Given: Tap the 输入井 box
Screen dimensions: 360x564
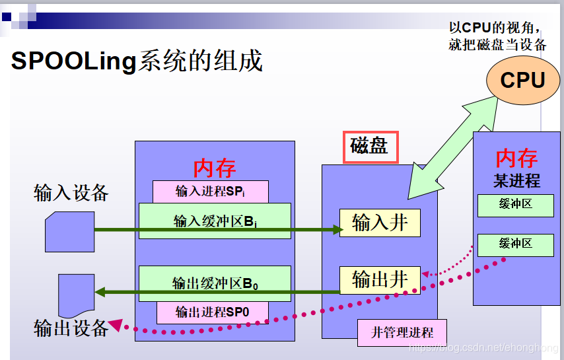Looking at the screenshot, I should (x=380, y=223).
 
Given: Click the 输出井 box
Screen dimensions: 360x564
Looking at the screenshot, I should (x=380, y=279).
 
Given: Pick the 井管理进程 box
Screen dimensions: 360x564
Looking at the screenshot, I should (x=402, y=332).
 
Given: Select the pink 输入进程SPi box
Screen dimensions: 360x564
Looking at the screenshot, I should (x=210, y=192).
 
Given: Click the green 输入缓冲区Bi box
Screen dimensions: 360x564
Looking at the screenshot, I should (x=215, y=221).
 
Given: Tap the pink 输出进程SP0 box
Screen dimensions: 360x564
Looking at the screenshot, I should (x=212, y=312).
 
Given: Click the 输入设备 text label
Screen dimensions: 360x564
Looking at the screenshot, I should (x=71, y=192).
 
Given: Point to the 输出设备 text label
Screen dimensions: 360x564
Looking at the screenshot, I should (x=71, y=327).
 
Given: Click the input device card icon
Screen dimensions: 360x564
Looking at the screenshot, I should (x=69, y=232).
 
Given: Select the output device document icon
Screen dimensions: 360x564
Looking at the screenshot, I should (x=77, y=295).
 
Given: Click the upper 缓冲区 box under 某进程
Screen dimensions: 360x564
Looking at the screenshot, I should (x=515, y=205).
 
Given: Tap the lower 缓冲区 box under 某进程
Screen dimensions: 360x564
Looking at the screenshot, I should (x=515, y=245).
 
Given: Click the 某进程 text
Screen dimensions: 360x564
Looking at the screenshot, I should (x=516, y=180).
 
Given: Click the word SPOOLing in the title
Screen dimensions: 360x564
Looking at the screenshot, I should (x=73, y=61).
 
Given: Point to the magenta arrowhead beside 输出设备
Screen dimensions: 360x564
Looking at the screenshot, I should (x=116, y=324).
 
